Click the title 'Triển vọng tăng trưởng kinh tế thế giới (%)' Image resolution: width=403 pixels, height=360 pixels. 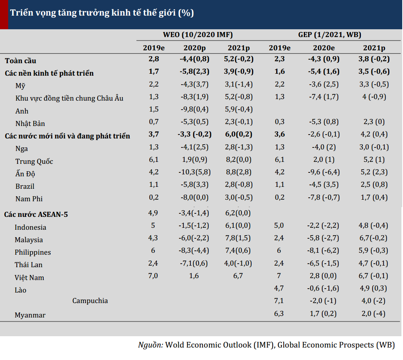point(102,13)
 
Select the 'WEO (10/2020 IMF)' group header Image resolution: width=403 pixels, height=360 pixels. point(198,35)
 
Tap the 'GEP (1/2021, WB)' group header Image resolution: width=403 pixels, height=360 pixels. point(330,35)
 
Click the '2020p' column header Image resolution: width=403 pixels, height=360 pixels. point(195,48)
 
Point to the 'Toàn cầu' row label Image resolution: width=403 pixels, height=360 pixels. point(21,60)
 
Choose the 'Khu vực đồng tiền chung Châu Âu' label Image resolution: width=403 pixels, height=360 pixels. point(69,98)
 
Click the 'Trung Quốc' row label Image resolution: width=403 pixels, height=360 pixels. point(34,161)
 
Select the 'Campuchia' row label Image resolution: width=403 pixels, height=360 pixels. point(90,301)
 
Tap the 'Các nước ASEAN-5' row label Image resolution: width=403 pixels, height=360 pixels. point(36,214)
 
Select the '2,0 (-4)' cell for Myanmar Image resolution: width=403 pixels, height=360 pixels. point(373,314)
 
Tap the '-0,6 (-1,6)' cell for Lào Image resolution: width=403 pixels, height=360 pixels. point(323,288)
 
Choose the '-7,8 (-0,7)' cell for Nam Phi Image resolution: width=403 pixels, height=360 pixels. point(324,197)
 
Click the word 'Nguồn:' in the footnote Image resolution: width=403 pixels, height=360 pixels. point(151,345)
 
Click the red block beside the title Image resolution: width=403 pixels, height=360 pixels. point(4,14)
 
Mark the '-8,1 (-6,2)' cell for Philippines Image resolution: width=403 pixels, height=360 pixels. point(323,250)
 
